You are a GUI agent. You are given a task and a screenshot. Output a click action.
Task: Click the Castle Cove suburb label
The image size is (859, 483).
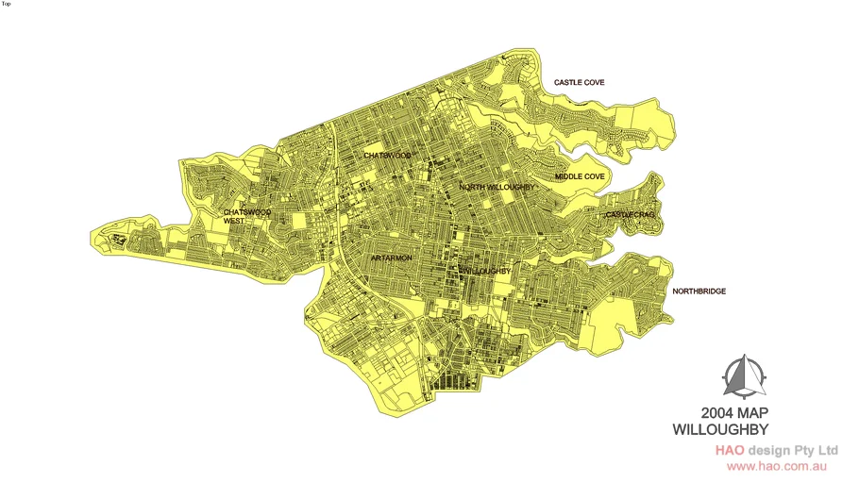[x=579, y=83]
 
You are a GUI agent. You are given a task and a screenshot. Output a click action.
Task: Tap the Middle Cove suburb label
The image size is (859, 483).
[x=580, y=176]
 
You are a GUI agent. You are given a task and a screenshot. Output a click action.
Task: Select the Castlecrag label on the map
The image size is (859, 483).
[x=630, y=215]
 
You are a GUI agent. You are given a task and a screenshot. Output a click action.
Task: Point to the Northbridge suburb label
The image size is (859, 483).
[x=699, y=291]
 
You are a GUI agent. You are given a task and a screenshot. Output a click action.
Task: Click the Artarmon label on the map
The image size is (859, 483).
[x=391, y=258]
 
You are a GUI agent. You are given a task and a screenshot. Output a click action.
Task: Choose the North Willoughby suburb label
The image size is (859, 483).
[x=497, y=188]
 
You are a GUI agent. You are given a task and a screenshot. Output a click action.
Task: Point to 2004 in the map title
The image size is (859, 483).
[x=719, y=413]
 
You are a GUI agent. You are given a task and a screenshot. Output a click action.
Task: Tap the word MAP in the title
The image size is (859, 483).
[x=764, y=413]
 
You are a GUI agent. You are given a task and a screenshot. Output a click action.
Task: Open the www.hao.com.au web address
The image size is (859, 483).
[x=777, y=466]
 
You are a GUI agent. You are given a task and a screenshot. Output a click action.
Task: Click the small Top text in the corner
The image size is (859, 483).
[x=6, y=4]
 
